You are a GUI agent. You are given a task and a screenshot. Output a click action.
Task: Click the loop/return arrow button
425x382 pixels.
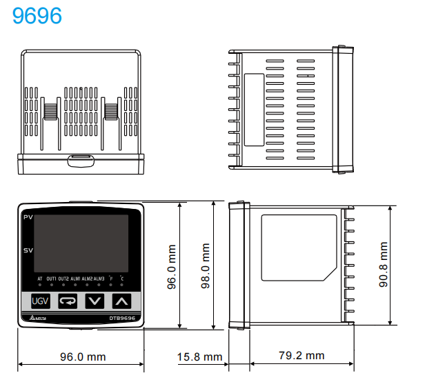(68, 301)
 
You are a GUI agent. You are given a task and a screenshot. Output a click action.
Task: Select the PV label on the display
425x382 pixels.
(28, 219)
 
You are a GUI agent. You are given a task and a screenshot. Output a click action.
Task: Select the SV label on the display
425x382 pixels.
(28, 250)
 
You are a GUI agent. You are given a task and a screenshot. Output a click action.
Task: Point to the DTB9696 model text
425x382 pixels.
(121, 318)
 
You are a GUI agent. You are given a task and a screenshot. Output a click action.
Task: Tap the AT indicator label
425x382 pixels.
(39, 278)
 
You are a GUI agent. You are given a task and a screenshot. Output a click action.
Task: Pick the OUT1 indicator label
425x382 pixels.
(52, 278)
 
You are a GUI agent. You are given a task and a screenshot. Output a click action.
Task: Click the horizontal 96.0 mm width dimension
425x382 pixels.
(82, 356)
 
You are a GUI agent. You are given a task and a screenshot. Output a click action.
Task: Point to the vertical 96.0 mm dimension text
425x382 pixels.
(173, 266)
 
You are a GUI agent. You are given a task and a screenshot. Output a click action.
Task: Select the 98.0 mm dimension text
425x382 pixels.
(205, 266)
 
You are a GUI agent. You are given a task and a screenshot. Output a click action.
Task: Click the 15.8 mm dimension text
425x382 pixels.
(199, 356)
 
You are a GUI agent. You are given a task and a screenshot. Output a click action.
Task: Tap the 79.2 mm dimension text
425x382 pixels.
(302, 356)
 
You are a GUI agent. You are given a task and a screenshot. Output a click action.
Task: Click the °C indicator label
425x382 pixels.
(121, 278)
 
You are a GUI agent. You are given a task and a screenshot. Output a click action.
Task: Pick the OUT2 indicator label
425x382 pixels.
(63, 278)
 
